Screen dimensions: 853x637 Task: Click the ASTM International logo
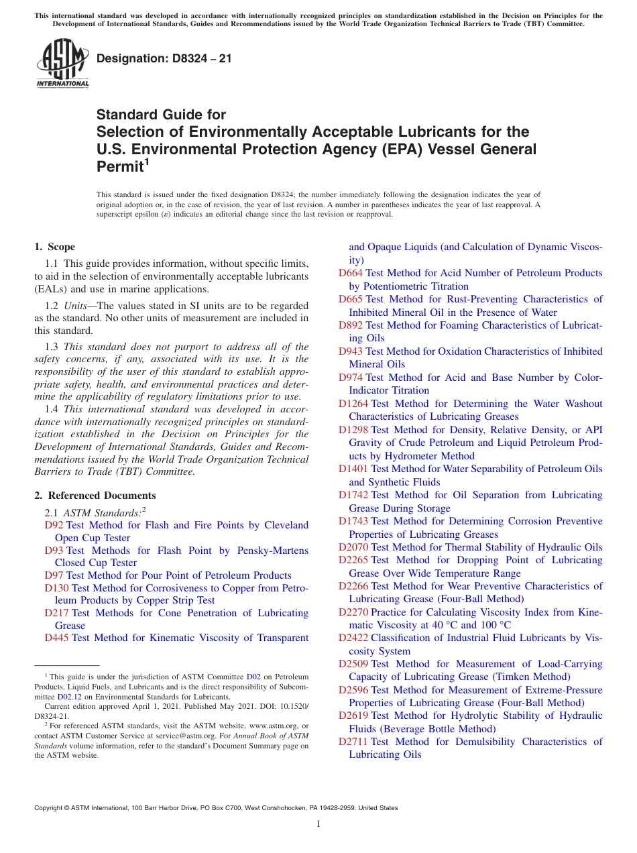(62, 63)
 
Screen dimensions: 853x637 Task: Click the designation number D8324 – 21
(164, 58)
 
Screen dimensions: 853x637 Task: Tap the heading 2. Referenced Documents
(95, 496)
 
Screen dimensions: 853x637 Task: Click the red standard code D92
(54, 525)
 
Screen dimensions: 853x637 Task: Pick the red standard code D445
(57, 638)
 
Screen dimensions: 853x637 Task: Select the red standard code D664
(351, 273)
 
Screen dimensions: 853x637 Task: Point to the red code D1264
(353, 404)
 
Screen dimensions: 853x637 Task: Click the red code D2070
(353, 547)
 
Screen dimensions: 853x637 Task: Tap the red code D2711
(353, 742)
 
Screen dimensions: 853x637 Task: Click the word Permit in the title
(119, 166)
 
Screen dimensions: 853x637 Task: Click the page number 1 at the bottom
(318, 824)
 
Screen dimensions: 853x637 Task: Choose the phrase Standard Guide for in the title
(161, 115)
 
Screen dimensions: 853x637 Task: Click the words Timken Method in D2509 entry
(526, 677)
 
